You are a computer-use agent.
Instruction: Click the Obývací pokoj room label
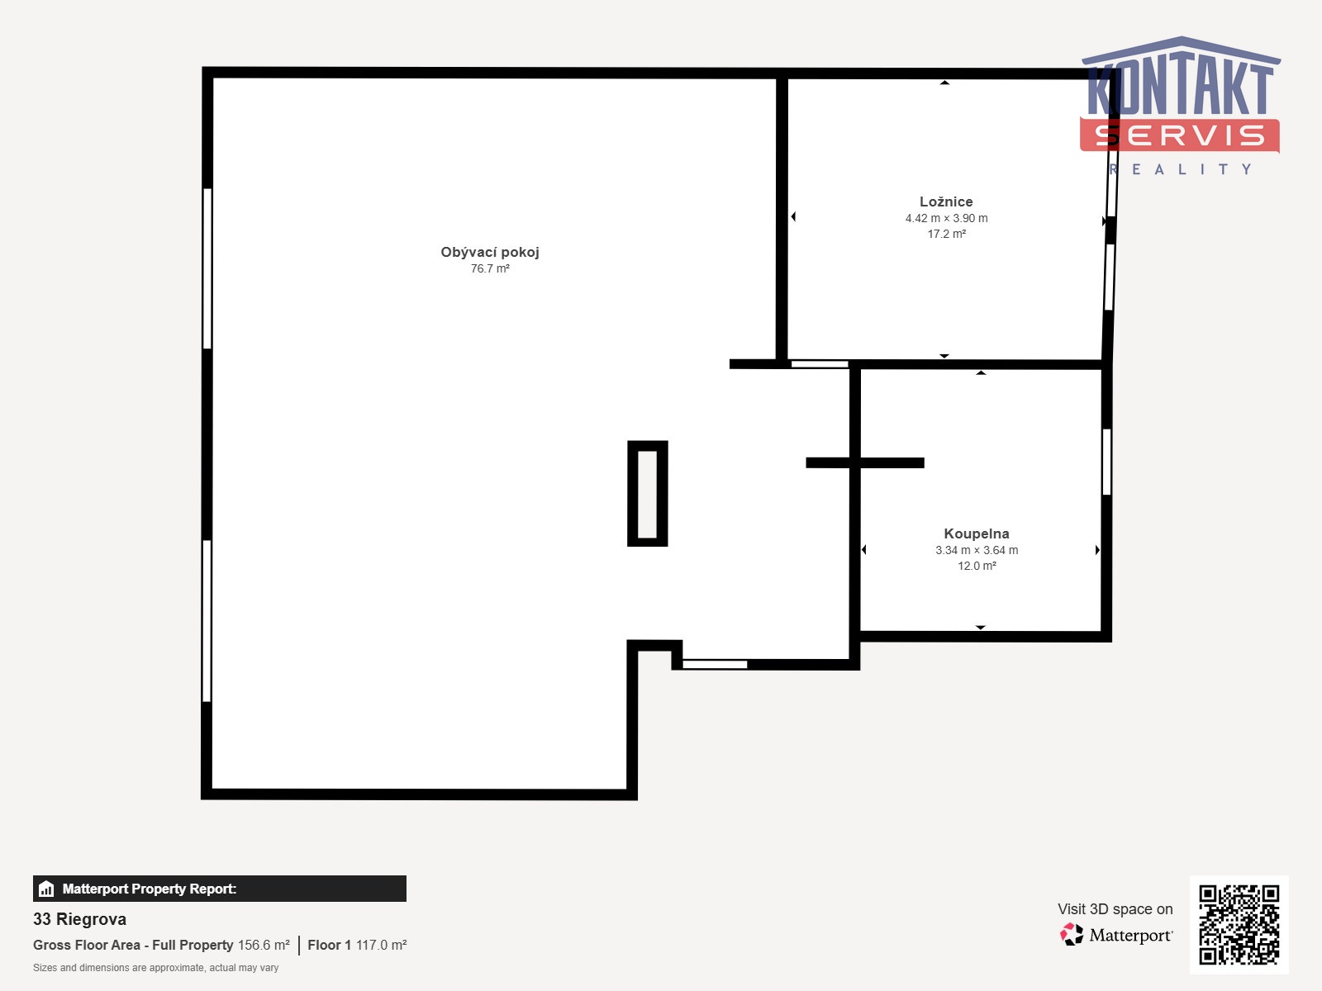[x=490, y=252]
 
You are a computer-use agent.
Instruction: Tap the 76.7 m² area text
[x=490, y=268]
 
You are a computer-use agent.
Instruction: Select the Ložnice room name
[x=945, y=202]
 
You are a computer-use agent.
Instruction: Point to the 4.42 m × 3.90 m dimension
[x=946, y=218]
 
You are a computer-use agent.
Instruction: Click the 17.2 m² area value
[x=946, y=234]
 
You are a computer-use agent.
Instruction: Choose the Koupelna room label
[x=977, y=533]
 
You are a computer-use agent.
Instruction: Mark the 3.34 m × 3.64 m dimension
[x=977, y=550]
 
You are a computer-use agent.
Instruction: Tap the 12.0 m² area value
[x=977, y=566]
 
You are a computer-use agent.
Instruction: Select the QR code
[x=1239, y=924]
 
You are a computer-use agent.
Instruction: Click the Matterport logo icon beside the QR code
[x=1071, y=935]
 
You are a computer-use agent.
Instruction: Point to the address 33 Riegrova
[x=79, y=919]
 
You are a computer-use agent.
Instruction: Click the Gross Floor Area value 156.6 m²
[x=264, y=945]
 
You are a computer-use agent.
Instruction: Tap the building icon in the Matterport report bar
[x=46, y=889]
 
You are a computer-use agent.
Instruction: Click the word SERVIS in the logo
[x=1179, y=135]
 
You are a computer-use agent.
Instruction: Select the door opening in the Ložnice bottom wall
[x=819, y=364]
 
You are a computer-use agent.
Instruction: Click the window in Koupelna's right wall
[x=1106, y=462]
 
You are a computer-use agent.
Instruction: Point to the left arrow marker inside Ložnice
[x=793, y=216]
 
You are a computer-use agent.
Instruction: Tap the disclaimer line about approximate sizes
[x=155, y=968]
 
